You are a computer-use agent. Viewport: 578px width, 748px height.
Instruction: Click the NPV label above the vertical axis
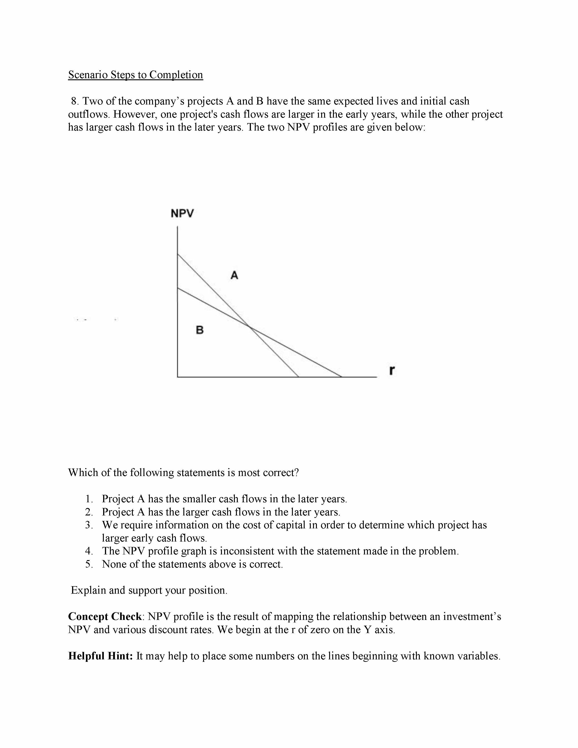click(182, 213)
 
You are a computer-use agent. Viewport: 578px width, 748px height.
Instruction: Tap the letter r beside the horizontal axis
click(392, 370)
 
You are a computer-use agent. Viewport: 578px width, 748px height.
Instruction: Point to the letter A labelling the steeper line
click(234, 275)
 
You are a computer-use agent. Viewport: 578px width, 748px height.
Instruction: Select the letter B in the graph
click(200, 330)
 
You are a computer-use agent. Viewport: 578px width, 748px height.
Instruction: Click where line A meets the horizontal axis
click(299, 377)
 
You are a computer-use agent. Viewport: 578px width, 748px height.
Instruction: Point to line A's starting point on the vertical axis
click(178, 254)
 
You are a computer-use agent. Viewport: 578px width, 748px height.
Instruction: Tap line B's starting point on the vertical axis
click(178, 288)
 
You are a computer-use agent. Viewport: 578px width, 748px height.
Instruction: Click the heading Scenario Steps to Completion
click(136, 75)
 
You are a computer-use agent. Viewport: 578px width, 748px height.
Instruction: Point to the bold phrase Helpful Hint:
click(100, 656)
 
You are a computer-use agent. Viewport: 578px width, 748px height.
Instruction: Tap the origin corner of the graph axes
click(178, 377)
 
